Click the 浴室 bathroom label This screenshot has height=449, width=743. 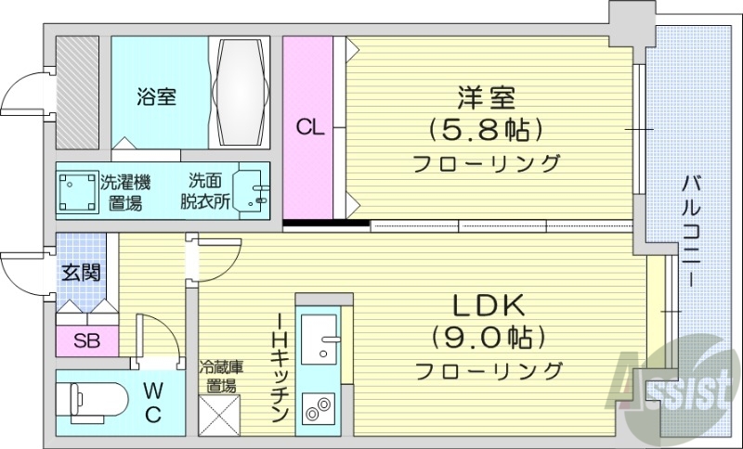point(156,96)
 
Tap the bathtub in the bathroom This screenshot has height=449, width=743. point(241,92)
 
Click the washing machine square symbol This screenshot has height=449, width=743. point(77,193)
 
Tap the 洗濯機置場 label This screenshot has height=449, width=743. point(124,192)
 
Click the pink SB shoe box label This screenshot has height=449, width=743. point(87,340)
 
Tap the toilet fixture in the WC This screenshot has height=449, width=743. point(88,399)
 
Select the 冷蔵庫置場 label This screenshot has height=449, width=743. point(221,376)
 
